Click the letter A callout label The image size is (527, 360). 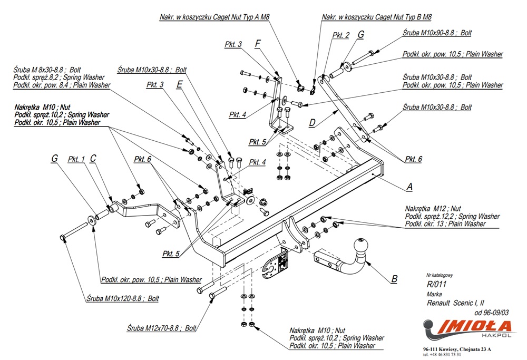[409, 187]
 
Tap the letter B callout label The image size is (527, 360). [394, 279]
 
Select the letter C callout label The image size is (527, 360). [93, 158]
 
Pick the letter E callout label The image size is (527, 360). [180, 84]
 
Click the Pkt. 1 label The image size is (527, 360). [76, 159]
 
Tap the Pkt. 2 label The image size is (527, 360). [341, 35]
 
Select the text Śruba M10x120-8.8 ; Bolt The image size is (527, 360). [122, 298]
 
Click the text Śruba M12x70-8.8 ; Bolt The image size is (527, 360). [161, 327]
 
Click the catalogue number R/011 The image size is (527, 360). [434, 285]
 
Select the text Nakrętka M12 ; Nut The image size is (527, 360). [433, 208]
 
